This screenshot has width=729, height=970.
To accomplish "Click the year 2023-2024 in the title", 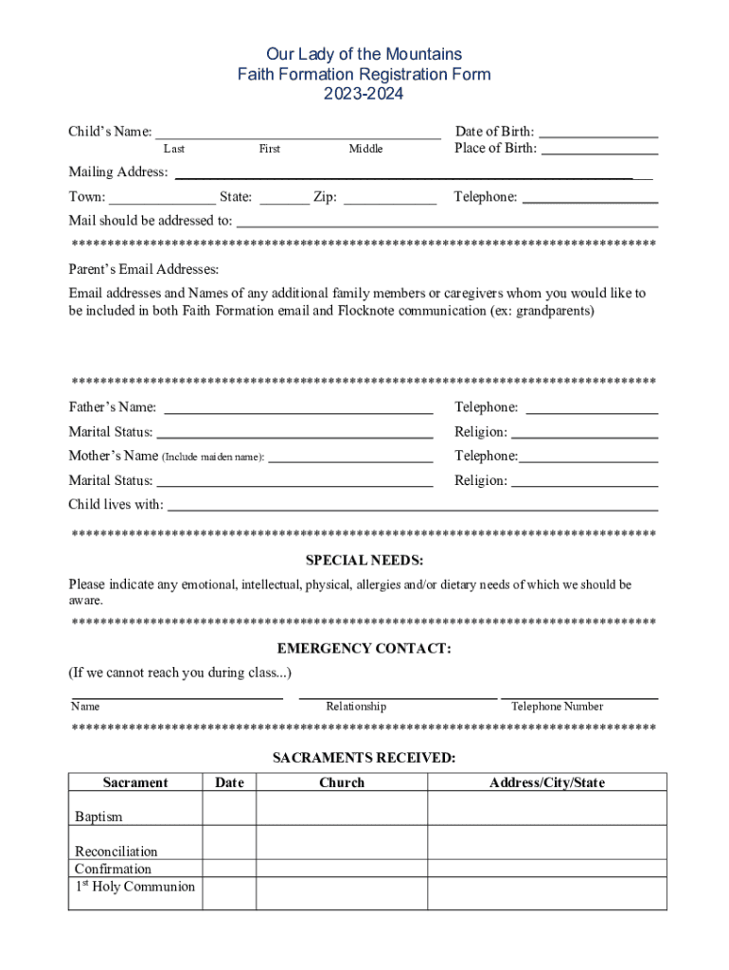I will pyautogui.click(x=364, y=94).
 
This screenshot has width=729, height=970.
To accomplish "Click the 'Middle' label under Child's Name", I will pyautogui.click(x=365, y=149).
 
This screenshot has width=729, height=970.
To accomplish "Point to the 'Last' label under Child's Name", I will pyautogui.click(x=174, y=149).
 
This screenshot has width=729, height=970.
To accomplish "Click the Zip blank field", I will pyautogui.click(x=390, y=199).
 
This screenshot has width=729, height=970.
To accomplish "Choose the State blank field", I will pyautogui.click(x=284, y=199).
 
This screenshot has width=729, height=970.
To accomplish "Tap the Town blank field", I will pyautogui.click(x=162, y=199).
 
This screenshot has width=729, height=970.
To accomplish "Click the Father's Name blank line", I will pyautogui.click(x=298, y=409).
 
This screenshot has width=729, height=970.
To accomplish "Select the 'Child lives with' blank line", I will pyautogui.click(x=412, y=506).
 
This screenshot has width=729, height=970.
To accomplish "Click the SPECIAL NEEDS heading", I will pyautogui.click(x=364, y=561).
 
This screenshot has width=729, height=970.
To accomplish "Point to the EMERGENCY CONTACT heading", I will pyautogui.click(x=364, y=649).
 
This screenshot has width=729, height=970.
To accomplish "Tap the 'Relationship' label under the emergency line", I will pyautogui.click(x=356, y=707).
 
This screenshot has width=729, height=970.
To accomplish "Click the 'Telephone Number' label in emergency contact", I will pyautogui.click(x=557, y=707).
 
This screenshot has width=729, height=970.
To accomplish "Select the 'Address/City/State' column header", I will pyautogui.click(x=546, y=782).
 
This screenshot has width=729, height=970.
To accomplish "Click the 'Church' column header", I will pyautogui.click(x=342, y=782).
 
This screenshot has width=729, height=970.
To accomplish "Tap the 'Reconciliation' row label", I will pyautogui.click(x=116, y=852).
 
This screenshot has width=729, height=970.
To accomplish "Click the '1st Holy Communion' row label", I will pyautogui.click(x=134, y=887).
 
